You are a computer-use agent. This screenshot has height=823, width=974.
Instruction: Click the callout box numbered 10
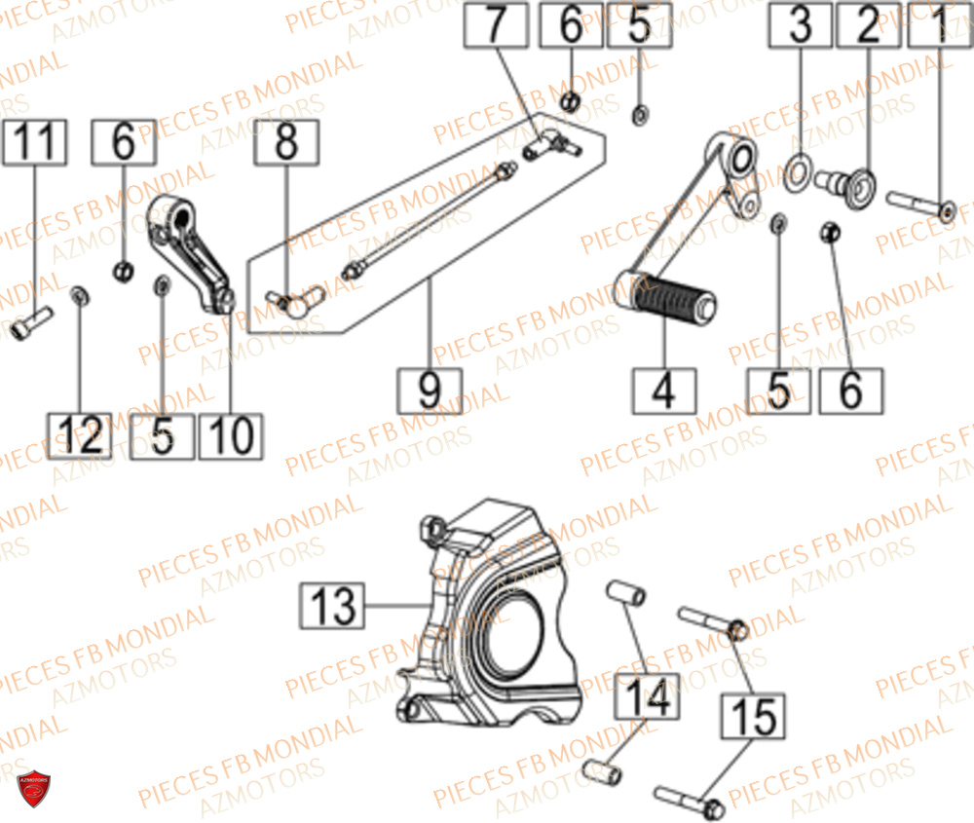click(231, 435)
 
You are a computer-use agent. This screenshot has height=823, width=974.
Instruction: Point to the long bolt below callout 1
click(919, 206)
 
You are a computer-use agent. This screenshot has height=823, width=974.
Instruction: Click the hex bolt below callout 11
click(31, 324)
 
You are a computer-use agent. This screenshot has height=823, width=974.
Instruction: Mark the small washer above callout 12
click(80, 294)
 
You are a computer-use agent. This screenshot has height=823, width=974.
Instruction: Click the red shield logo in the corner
click(34, 787)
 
